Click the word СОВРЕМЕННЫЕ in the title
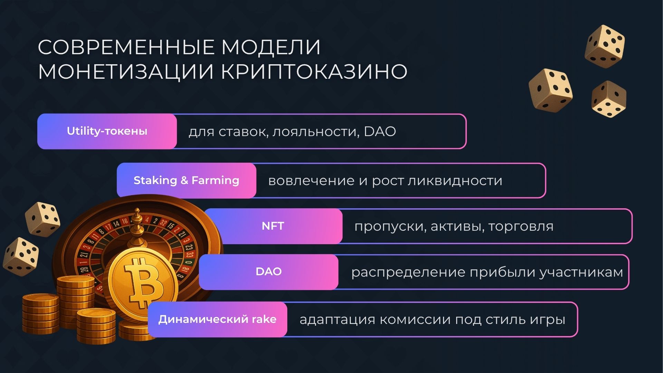[x=126, y=47]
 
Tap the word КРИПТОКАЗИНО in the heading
[x=314, y=72]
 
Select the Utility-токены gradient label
[x=107, y=131]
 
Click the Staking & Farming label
[x=186, y=180]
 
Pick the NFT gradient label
[x=273, y=226]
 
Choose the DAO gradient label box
[x=269, y=272]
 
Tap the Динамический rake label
[x=217, y=319]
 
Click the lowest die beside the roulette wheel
[x=21, y=256]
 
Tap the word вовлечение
[x=311, y=181]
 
